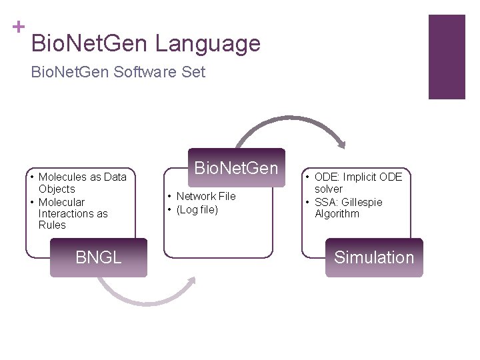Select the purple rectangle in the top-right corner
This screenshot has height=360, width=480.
click(446, 57)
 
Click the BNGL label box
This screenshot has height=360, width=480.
click(99, 257)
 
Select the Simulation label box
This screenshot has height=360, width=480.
click(374, 257)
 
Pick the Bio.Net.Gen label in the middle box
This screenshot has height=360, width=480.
click(235, 167)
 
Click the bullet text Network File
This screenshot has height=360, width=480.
click(205, 197)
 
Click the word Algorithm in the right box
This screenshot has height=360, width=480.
click(337, 214)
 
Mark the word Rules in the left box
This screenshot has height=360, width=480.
click(52, 225)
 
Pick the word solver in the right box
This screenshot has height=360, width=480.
click(329, 189)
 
